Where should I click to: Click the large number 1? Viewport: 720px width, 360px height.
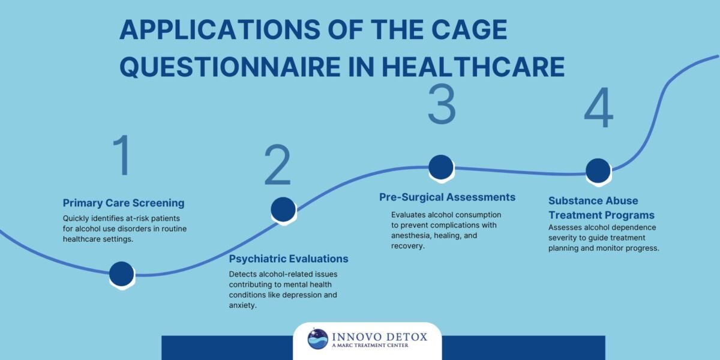123,156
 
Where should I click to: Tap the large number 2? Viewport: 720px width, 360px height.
277,166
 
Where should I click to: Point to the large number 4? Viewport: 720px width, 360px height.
598,109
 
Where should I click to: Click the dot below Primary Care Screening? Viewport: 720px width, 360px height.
122,274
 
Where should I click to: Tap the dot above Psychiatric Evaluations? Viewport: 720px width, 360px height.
283,209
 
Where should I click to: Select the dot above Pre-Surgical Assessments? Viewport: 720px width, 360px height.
441,167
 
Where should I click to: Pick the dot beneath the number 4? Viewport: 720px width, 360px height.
598,170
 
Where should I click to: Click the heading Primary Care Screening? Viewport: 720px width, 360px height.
124,202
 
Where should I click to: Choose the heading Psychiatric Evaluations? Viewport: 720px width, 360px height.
289,259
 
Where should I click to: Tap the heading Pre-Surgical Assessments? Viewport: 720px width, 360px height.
447,197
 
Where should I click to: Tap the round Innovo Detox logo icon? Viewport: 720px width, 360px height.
317,339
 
